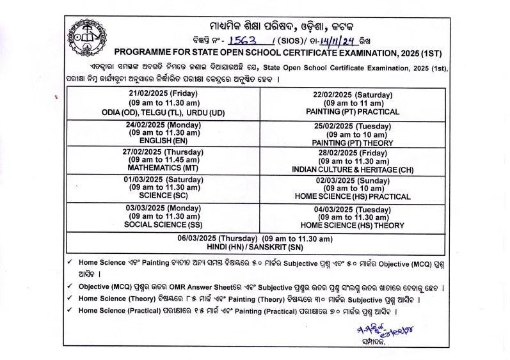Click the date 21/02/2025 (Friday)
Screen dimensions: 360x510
pyautogui.click(x=162, y=93)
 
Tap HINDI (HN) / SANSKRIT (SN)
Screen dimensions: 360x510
pyautogui.click(x=255, y=247)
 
